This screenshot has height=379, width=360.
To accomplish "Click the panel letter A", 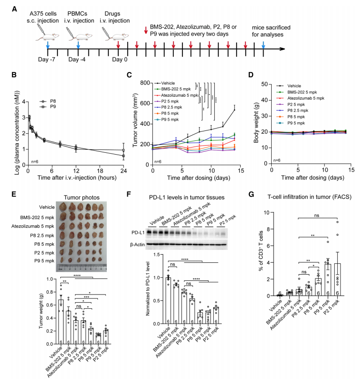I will pos(15,9).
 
